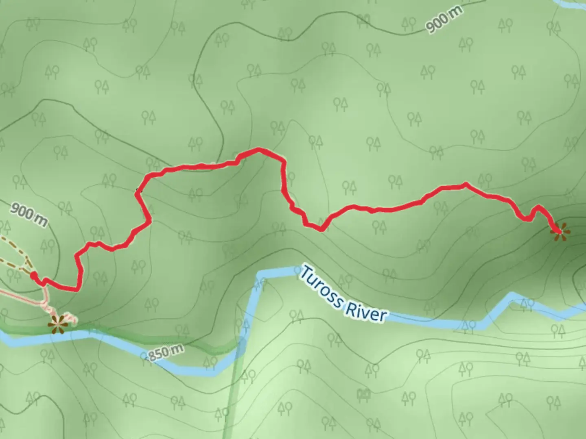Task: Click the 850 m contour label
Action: (165, 352)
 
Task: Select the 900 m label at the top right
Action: (444, 20)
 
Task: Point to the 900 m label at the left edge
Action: (28, 215)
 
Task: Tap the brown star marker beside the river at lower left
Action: (57, 324)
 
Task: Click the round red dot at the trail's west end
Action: (34, 276)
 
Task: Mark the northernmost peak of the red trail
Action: (258, 150)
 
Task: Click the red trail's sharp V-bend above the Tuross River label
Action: (321, 229)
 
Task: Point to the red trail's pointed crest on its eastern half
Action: (465, 185)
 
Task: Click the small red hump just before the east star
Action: (538, 207)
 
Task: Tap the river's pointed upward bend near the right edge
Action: (511, 294)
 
